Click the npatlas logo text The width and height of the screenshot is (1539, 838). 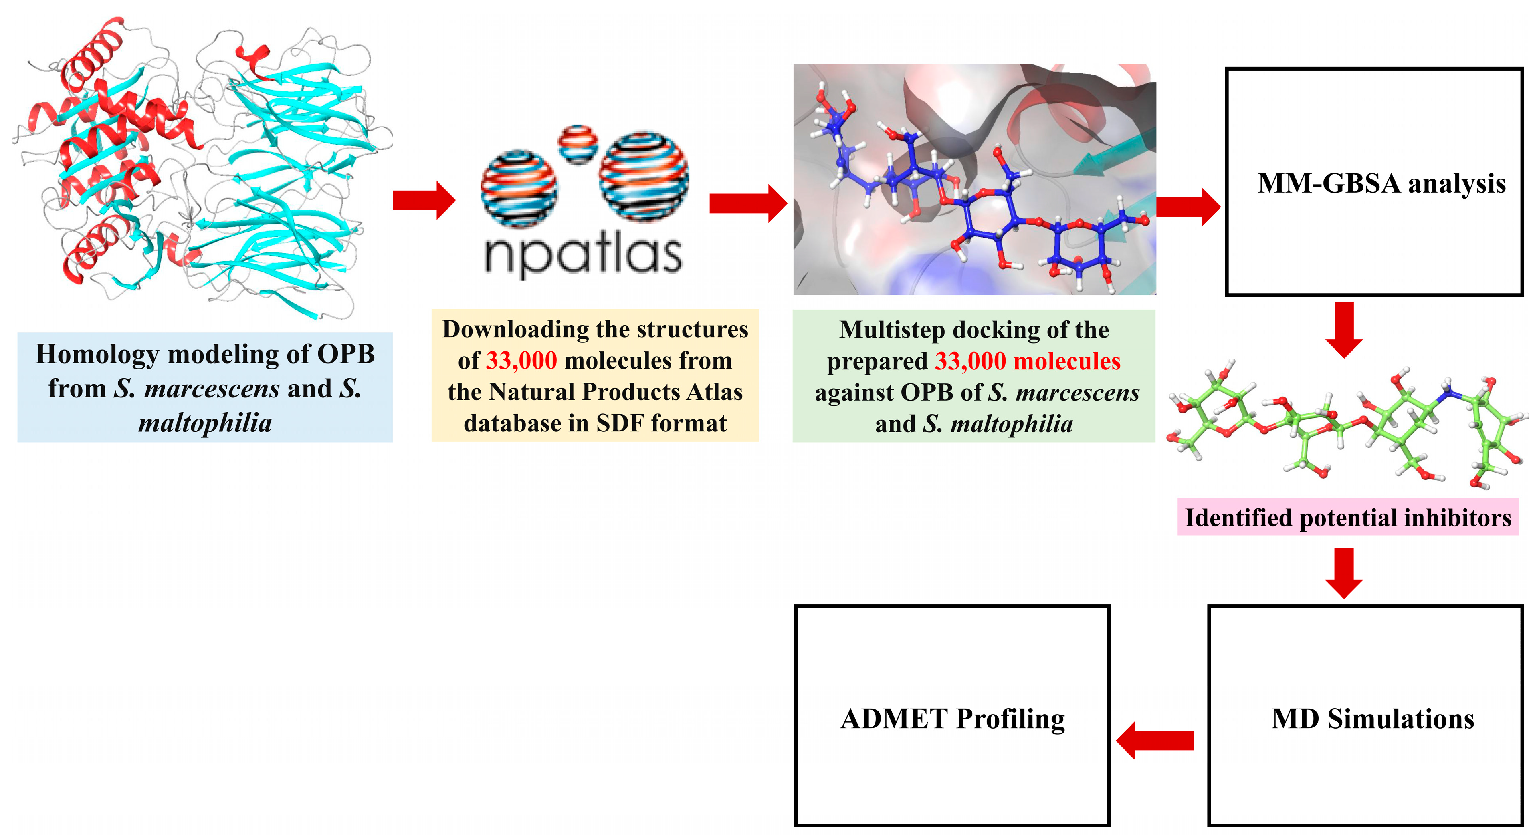click(582, 254)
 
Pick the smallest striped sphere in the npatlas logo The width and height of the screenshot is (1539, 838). click(577, 143)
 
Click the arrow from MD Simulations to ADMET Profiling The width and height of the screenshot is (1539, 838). click(1154, 741)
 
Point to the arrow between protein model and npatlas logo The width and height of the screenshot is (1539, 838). click(424, 200)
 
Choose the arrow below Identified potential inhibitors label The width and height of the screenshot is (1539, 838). click(1344, 572)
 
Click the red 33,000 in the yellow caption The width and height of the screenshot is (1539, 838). click(521, 360)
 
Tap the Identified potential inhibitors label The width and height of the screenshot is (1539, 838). click(1348, 517)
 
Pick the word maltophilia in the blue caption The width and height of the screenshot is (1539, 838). click(205, 423)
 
